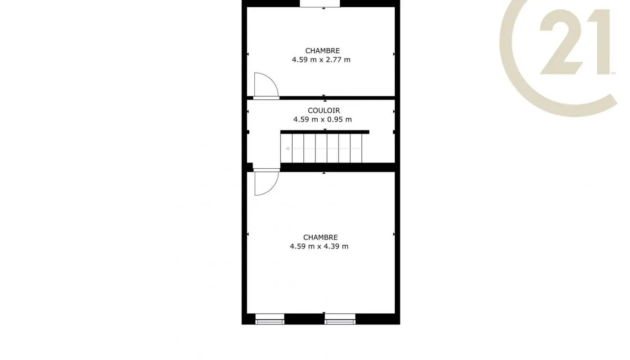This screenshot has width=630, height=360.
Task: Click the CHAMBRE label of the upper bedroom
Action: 322,51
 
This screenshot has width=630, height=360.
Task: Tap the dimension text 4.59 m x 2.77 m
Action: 321,59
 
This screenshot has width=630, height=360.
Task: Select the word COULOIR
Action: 324,111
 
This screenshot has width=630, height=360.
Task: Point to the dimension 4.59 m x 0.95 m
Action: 322,120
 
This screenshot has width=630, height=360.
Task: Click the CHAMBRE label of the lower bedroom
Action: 320,238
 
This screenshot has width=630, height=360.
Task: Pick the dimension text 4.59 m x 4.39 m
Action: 319,247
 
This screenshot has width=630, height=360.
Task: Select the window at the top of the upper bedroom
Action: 320,4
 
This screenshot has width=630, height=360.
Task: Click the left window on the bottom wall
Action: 270,319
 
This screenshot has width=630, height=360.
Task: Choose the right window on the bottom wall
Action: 340,319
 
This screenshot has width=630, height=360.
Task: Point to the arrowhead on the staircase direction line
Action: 287,148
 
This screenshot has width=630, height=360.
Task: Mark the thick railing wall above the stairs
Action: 324,132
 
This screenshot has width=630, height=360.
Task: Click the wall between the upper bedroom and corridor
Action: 337,97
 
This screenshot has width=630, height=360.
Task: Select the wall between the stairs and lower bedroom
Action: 337,167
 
